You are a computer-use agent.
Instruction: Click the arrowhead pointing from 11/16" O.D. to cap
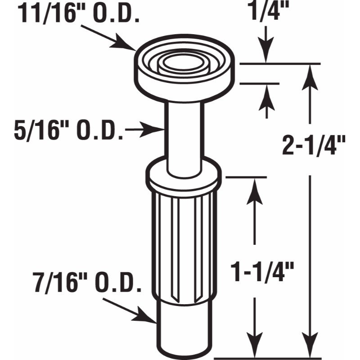tap(129, 45)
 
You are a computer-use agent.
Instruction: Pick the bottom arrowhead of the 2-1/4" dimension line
tap(308, 349)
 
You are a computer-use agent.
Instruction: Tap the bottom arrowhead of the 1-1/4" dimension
tap(255, 349)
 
